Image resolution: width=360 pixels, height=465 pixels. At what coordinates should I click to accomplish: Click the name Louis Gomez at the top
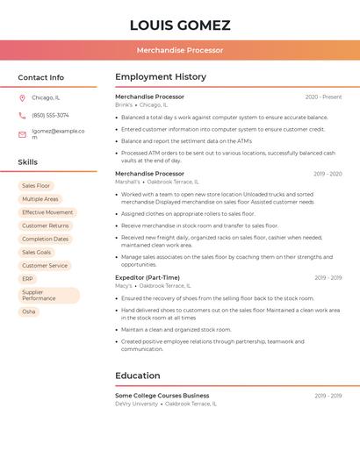180,25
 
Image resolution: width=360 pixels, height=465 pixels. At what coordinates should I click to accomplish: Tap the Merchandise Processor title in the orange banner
180,50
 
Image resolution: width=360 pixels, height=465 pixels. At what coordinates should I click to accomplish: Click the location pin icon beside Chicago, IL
22,98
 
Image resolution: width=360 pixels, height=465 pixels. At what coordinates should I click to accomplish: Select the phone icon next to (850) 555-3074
22,115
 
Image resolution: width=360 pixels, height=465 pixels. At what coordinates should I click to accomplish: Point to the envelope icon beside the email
22,134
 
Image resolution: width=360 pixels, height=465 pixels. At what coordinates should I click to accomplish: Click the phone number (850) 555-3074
50,115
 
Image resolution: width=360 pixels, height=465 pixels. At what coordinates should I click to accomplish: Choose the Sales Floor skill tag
36,186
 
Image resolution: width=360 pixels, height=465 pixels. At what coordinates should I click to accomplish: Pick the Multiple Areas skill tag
40,199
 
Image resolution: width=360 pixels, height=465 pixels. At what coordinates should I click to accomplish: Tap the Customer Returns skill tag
46,225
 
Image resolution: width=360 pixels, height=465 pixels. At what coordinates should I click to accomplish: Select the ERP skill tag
27,278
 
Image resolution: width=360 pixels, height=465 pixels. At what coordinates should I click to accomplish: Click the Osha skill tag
29,311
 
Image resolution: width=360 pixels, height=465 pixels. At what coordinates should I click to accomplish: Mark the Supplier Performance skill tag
39,295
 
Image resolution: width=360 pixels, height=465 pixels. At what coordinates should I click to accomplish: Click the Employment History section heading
161,77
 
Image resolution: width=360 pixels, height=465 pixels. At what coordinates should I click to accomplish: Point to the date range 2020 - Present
323,97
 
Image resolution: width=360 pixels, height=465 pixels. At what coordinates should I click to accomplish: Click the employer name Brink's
124,105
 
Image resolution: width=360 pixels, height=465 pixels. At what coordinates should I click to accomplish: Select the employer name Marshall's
128,182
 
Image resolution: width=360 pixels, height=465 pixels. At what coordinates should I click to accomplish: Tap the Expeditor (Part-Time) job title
148,277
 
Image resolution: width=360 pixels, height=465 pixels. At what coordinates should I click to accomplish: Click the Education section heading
137,376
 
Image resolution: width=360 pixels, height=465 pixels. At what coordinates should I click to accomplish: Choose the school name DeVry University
137,404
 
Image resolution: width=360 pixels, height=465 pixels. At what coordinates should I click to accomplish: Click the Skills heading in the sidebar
28,162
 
